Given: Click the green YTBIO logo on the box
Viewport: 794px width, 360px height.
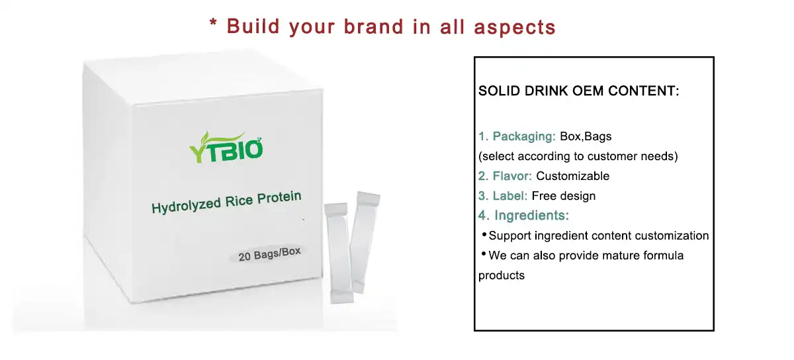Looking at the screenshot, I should [226, 147].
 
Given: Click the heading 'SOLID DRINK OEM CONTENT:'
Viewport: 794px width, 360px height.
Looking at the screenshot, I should [578, 91].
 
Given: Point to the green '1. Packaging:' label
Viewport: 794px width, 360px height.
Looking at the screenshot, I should [517, 136].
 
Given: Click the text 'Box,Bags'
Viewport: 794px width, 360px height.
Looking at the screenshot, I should [586, 136].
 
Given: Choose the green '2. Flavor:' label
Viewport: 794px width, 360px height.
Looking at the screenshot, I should [505, 176].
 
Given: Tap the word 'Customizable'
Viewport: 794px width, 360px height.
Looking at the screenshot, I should [572, 176].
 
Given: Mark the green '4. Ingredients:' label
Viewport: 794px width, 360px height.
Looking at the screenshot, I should [523, 215].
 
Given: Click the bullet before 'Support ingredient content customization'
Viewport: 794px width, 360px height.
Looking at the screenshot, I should [484, 235].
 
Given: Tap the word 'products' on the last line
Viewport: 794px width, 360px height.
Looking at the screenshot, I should [501, 275].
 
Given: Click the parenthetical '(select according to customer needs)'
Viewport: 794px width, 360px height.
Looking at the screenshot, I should [578, 157].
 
